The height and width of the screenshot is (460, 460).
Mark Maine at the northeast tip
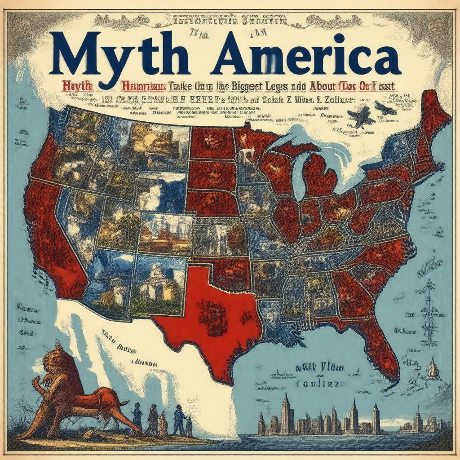click(x=433, y=112)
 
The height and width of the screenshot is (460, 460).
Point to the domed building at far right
click(x=433, y=368)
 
